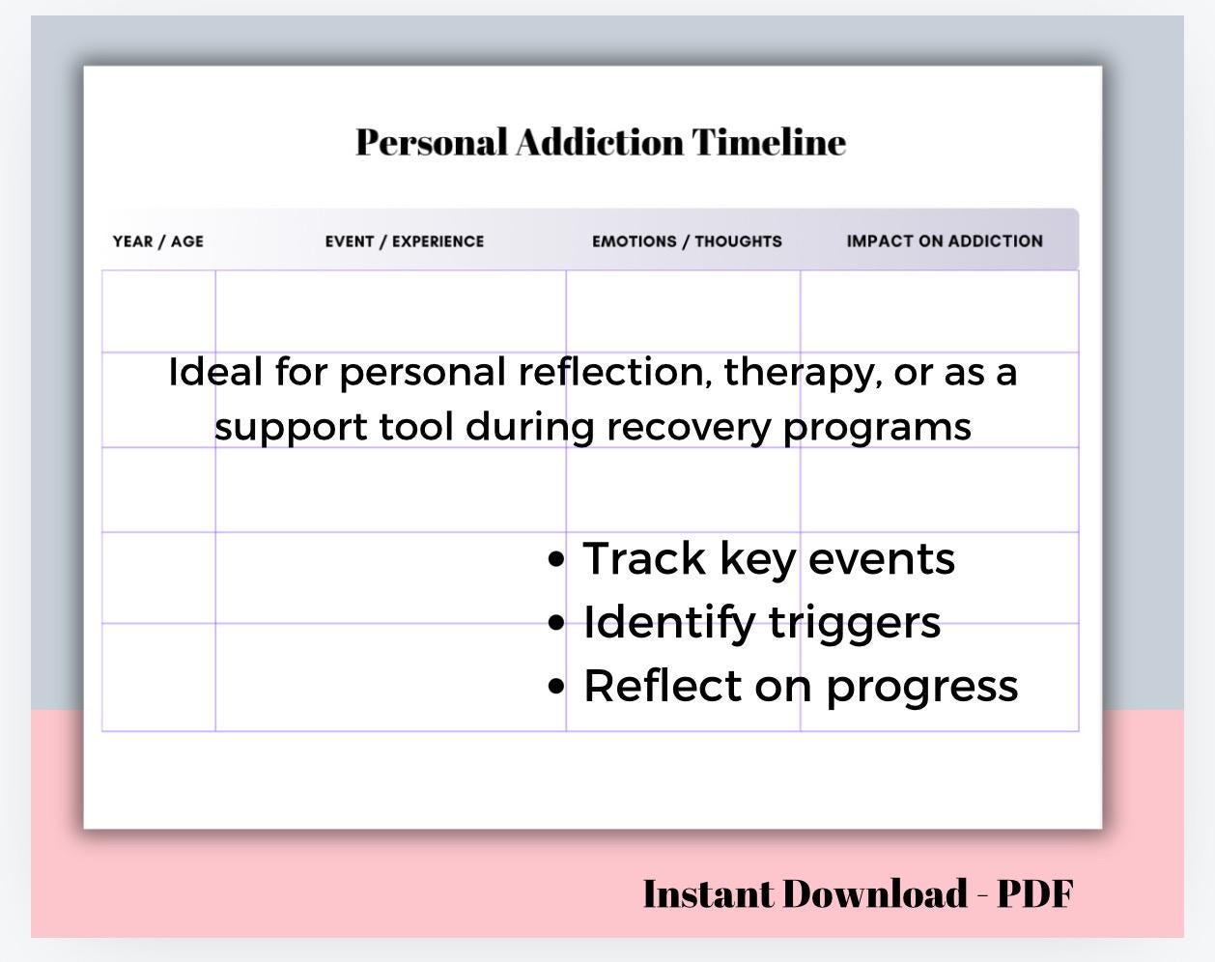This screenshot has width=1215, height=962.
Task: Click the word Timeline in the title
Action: [769, 142]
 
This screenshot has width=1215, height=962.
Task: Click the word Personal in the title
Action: [431, 142]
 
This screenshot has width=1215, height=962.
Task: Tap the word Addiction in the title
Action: [599, 142]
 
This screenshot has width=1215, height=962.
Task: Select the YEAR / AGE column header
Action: [158, 241]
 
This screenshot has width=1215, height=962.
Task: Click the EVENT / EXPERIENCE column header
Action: [405, 241]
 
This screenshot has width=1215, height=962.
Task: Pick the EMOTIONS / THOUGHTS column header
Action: [687, 241]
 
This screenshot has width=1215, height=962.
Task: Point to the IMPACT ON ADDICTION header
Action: [945, 241]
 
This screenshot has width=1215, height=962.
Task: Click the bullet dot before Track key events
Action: [555, 559]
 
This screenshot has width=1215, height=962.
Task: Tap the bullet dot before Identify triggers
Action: [555, 623]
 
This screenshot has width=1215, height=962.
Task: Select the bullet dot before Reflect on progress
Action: [555, 687]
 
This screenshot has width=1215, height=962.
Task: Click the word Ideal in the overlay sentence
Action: [214, 373]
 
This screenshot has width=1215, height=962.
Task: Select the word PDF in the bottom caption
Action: [1034, 894]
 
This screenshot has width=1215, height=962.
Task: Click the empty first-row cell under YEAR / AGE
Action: [158, 311]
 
